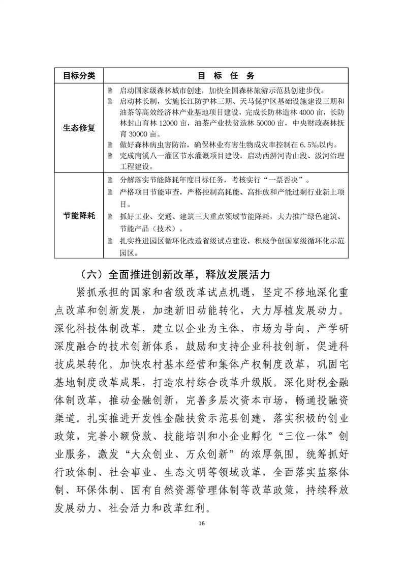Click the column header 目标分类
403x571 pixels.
click(79, 75)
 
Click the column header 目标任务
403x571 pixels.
click(226, 75)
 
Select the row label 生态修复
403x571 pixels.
click(79, 128)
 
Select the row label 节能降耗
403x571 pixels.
click(79, 216)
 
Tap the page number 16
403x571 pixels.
click(201, 524)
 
